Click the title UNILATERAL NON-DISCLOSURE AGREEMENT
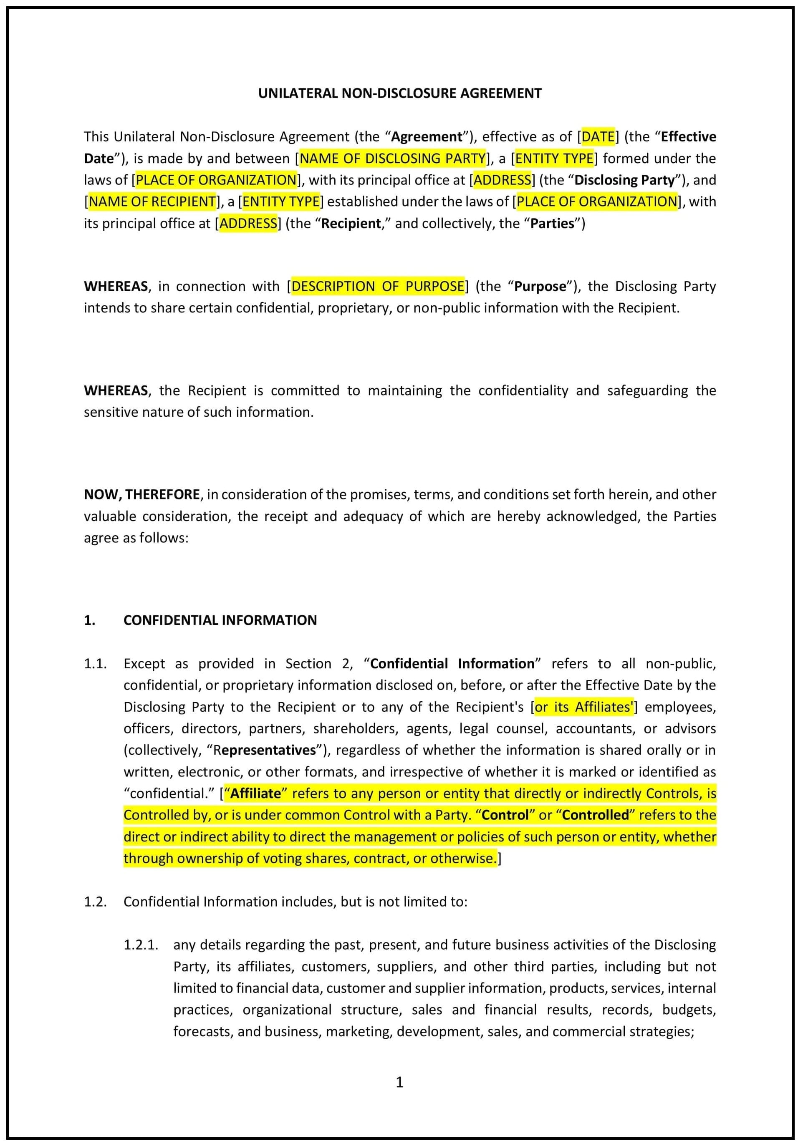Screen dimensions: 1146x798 click(399, 93)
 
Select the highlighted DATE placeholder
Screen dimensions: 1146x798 click(598, 136)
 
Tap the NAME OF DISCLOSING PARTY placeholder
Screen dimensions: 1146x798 click(392, 158)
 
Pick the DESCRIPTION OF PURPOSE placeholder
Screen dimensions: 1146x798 click(378, 286)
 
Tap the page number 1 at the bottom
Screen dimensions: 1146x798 click(399, 1082)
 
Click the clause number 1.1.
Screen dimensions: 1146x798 click(95, 663)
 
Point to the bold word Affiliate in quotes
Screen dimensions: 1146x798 click(256, 793)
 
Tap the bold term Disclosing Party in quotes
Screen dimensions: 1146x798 click(624, 180)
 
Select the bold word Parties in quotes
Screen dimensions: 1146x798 click(552, 223)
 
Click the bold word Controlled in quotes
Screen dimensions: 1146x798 click(595, 815)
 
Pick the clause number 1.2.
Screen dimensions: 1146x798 click(95, 902)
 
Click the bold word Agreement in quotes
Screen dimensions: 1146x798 click(427, 136)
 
